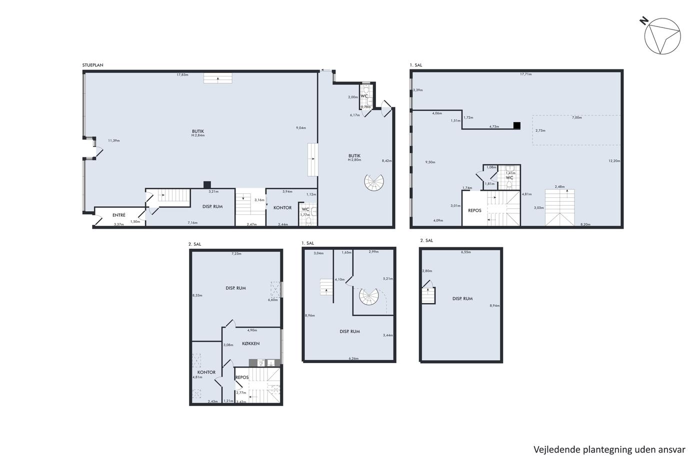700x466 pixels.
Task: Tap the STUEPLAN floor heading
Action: (93, 65)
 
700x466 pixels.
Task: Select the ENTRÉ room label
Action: (119, 215)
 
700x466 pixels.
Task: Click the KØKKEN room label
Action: (250, 343)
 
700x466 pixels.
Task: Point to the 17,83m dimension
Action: (182, 75)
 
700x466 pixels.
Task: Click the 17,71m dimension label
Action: (525, 74)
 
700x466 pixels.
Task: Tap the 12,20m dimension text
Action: (614, 161)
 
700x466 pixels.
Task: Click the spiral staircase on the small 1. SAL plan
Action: (369, 296)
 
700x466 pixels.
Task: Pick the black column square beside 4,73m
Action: (517, 125)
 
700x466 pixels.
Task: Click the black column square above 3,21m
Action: (207, 185)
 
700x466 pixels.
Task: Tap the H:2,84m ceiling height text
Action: (198, 135)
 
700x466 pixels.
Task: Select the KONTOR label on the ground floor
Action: (282, 208)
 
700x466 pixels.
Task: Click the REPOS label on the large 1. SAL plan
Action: (474, 210)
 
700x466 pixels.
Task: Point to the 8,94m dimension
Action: (494, 306)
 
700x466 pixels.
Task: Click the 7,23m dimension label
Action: (236, 254)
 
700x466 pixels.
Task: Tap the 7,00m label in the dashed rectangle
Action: (577, 118)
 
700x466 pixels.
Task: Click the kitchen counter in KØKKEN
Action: (264, 363)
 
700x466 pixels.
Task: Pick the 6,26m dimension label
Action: (353, 359)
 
